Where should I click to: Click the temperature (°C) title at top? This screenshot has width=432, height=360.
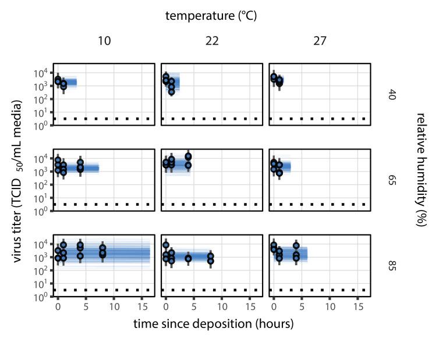[211, 16]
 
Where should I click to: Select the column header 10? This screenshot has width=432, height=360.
[104, 41]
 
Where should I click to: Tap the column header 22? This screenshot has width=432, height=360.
[211, 41]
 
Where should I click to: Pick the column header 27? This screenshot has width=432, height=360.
[320, 41]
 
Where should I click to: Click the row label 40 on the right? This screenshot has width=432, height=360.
[392, 94]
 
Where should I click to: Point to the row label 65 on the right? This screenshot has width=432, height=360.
[392, 180]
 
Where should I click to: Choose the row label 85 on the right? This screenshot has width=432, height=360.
[392, 266]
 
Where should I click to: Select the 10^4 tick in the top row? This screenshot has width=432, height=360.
[42, 73]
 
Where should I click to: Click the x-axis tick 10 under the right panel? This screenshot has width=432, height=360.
[330, 305]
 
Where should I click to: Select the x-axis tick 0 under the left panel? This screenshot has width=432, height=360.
[58, 305]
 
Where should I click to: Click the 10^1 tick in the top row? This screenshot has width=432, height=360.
[42, 112]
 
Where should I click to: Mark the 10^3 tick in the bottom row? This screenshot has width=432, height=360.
[42, 258]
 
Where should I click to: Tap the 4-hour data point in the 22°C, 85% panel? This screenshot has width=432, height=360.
[188, 258]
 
